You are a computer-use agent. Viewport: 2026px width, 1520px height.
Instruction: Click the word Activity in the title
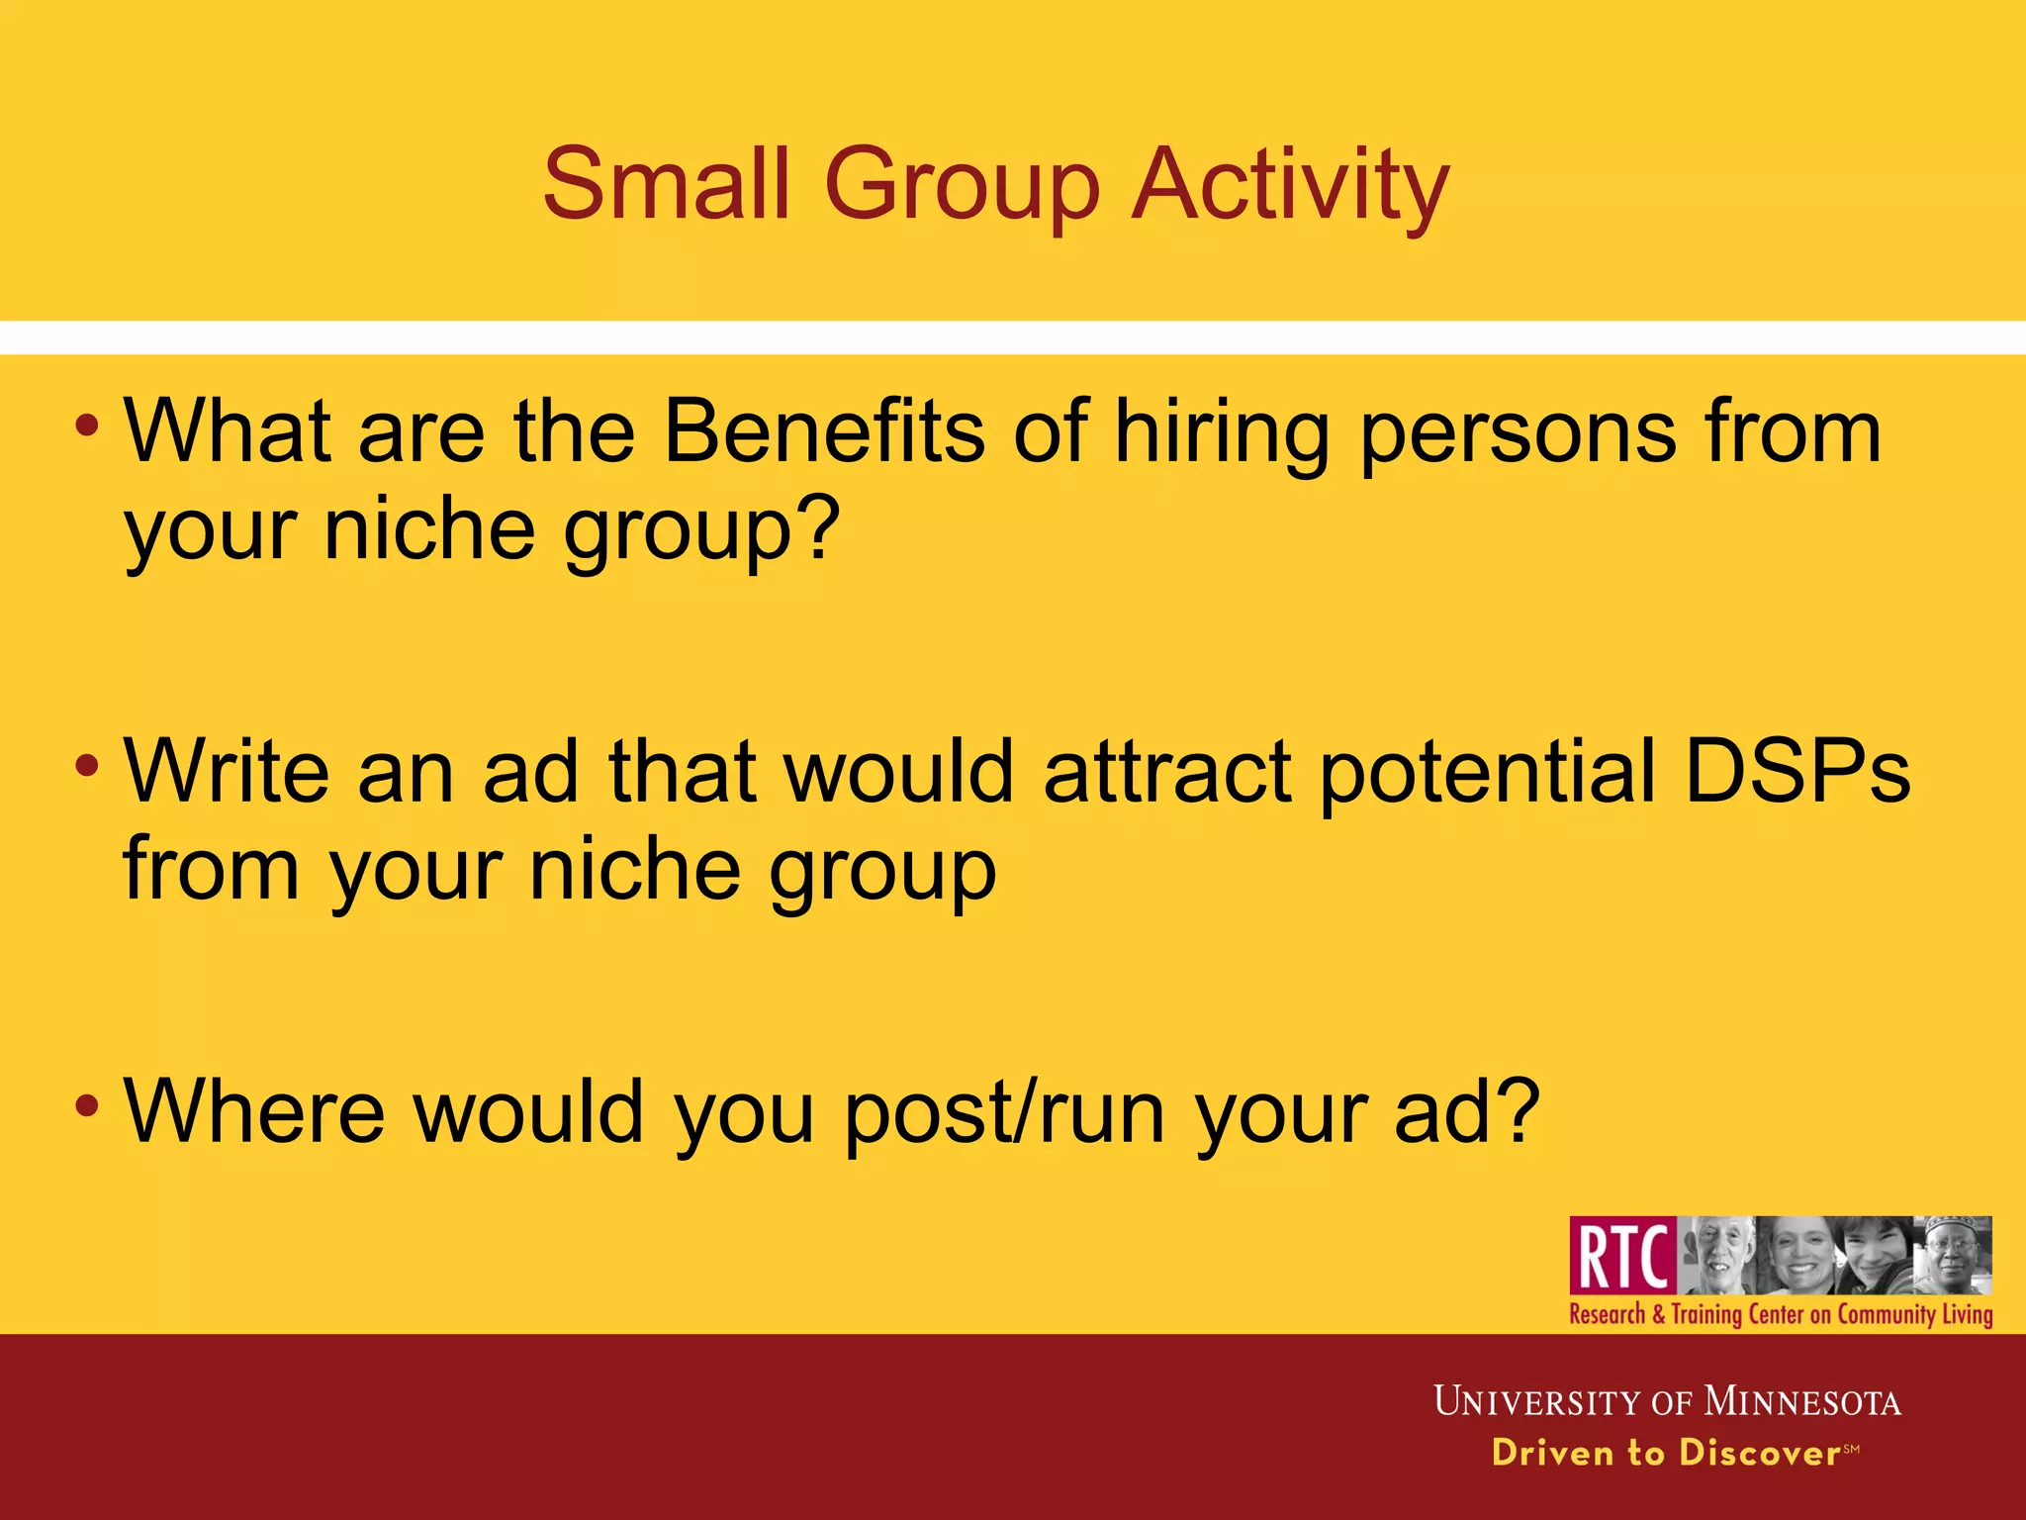(x=1290, y=185)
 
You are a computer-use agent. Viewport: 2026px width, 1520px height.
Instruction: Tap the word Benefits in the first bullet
(x=824, y=431)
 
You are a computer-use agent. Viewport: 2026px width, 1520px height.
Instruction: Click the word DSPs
(x=1796, y=773)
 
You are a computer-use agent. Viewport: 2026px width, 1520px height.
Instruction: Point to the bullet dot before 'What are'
(x=87, y=427)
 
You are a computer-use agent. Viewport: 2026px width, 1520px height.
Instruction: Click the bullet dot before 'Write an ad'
(x=87, y=765)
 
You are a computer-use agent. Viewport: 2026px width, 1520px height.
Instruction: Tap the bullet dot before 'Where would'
(x=87, y=1104)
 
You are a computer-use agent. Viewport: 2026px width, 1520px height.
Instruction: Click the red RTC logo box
(x=1622, y=1256)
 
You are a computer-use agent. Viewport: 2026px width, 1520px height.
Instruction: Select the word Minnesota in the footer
(x=1801, y=1402)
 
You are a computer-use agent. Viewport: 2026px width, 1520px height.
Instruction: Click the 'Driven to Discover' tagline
(x=1666, y=1453)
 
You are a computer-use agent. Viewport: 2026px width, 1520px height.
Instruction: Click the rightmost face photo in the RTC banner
(x=1953, y=1255)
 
